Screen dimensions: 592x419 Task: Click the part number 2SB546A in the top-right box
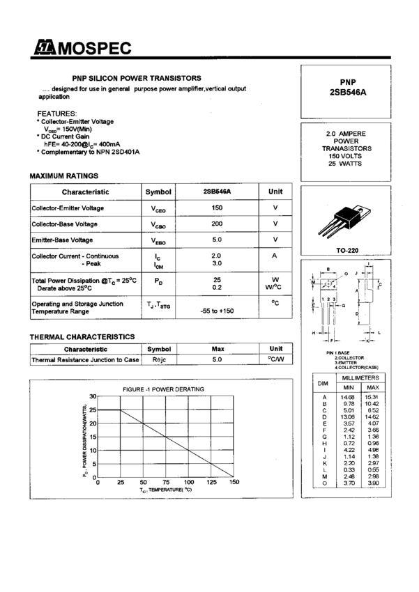349,92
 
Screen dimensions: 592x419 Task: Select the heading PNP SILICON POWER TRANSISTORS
137,78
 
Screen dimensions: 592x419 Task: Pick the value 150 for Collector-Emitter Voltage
217,208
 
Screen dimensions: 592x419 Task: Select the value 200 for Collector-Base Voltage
217,224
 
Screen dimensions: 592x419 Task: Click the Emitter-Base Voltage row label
62,240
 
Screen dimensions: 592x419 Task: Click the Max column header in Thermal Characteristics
217,348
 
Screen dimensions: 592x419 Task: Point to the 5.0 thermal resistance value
217,359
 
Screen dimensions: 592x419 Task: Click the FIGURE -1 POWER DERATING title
164,389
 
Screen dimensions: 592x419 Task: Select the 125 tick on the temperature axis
211,482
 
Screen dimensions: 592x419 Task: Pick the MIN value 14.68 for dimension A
349,397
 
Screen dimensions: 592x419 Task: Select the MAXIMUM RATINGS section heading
63,176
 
